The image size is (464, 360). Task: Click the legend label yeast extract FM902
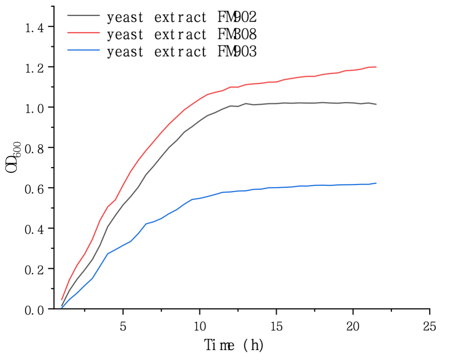pyautogui.click(x=181, y=17)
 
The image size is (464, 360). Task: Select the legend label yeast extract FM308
pyautogui.click(x=181, y=35)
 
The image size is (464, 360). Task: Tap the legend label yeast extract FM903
pyautogui.click(x=181, y=52)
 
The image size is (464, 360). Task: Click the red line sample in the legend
pyautogui.click(x=83, y=33)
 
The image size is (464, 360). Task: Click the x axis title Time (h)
pyautogui.click(x=234, y=345)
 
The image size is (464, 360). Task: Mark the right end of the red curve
pyautogui.click(x=376, y=67)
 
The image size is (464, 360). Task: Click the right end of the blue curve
pyautogui.click(x=376, y=183)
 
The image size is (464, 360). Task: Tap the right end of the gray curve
pyautogui.click(x=376, y=104)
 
